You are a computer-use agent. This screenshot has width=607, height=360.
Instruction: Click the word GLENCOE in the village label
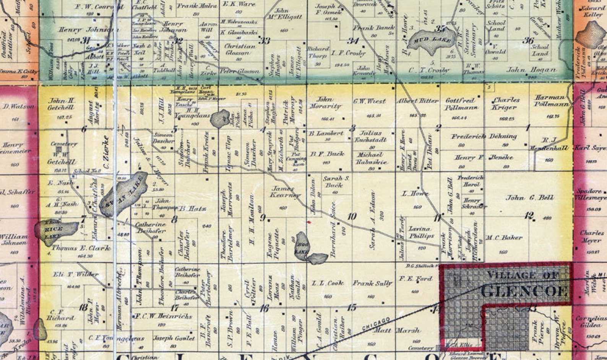(524, 291)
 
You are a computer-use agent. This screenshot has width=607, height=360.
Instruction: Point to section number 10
(352, 217)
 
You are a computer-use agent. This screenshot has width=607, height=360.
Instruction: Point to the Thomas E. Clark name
(81, 248)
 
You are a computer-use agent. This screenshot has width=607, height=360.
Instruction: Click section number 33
(264, 41)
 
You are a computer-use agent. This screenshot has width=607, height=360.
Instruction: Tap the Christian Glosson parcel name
(240, 49)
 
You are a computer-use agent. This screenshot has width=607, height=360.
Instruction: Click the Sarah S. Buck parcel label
(336, 182)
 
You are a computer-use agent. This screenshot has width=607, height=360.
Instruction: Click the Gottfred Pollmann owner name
(461, 104)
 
